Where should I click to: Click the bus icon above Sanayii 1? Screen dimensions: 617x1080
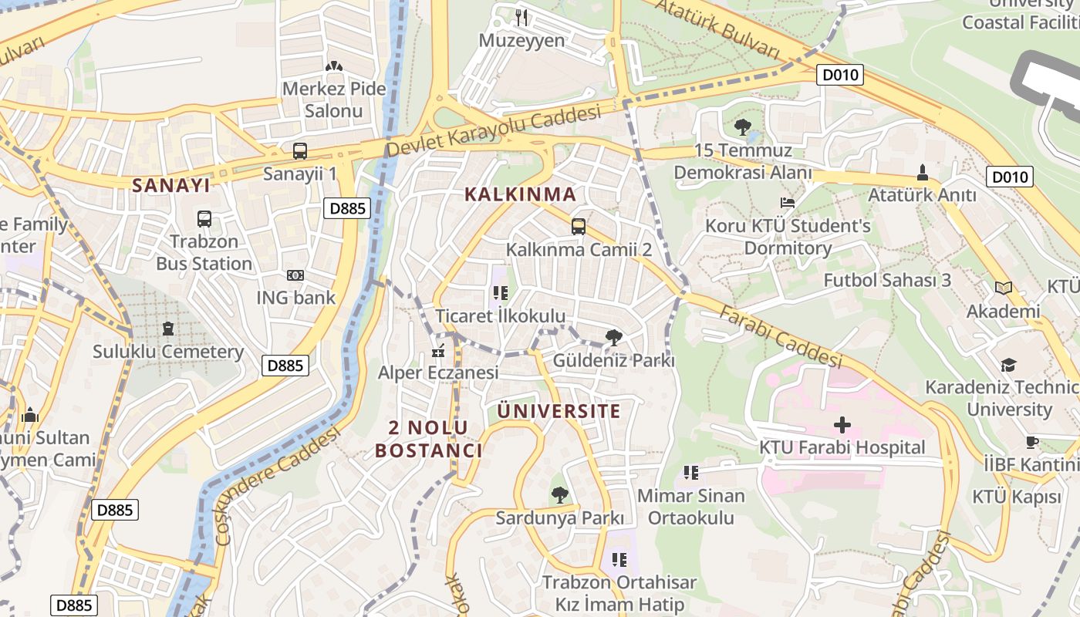pos(300,151)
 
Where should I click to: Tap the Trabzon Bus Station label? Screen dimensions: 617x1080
pos(204,253)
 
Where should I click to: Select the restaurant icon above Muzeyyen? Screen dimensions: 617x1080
pos(522,17)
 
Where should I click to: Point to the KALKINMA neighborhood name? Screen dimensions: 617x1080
pos(521,194)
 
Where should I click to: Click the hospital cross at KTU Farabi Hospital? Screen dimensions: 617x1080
pos(842,425)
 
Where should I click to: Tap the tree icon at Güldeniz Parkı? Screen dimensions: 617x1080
pos(614,337)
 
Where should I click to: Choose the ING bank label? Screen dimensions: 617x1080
pos(296,298)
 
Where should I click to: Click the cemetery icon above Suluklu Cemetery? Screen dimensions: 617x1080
pos(167,329)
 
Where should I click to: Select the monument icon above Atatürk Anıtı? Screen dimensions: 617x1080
pos(922,172)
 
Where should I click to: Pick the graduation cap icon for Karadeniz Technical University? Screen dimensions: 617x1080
pos(1009,365)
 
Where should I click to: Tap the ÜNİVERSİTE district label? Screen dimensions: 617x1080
pos(559,411)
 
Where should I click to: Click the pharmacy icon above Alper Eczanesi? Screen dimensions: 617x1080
pos(438,352)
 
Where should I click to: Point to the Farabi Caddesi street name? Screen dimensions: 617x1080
pos(780,336)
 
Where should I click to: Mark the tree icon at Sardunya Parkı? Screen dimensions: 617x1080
pos(559,494)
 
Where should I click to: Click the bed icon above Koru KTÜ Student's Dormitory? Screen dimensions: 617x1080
pos(788,204)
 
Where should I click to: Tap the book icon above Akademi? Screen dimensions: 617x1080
pos(1004,288)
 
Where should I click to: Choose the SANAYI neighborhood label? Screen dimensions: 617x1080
pos(170,185)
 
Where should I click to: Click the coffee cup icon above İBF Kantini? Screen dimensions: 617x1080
pos(1032,442)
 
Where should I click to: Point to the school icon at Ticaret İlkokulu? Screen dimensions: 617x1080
pos(500,293)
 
